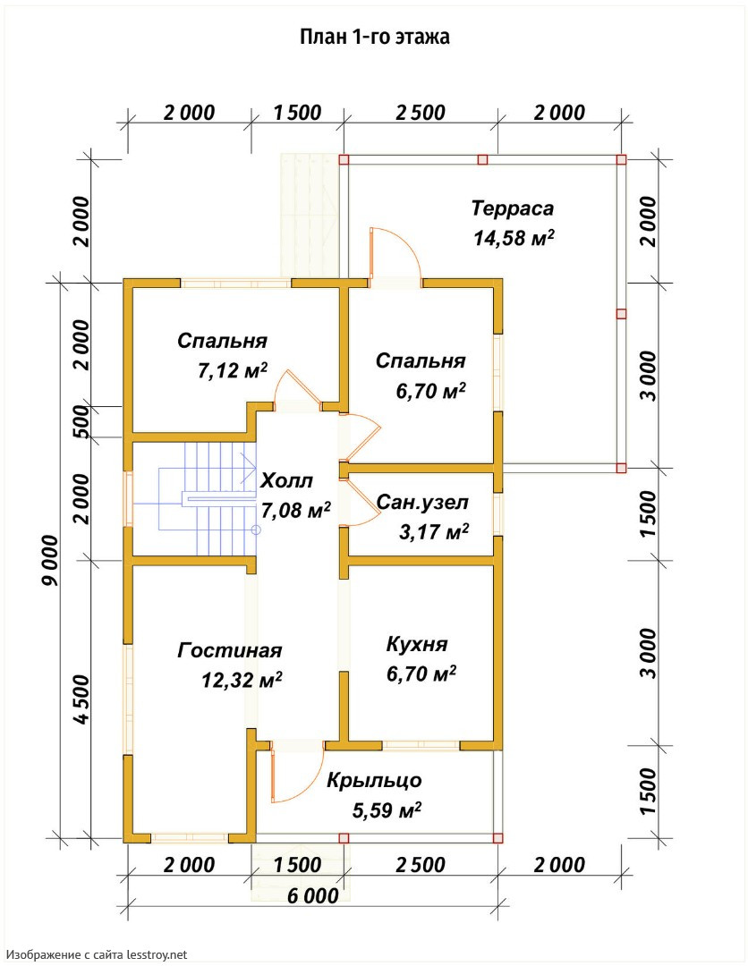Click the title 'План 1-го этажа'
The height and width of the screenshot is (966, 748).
click(375, 37)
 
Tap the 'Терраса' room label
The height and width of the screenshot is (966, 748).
click(513, 208)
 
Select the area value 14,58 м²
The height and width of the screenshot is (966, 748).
click(514, 238)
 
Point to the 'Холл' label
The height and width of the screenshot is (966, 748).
click(287, 480)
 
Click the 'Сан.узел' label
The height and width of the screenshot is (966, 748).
click(422, 503)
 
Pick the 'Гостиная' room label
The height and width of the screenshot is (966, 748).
click(230, 650)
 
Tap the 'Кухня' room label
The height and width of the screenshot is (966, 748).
click(417, 644)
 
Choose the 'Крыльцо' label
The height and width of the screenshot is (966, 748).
click(375, 781)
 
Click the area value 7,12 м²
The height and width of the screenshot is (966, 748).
click(233, 370)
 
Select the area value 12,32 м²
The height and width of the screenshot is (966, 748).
click(242, 680)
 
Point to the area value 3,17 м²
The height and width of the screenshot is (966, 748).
click(434, 531)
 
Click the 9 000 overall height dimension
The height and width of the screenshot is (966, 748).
click(50, 560)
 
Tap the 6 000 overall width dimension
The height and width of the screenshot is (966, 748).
click(313, 895)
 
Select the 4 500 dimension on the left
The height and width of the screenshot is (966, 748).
click(81, 699)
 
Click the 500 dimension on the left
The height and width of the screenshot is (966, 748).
click(81, 422)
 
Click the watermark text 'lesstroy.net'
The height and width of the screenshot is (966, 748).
click(157, 955)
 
